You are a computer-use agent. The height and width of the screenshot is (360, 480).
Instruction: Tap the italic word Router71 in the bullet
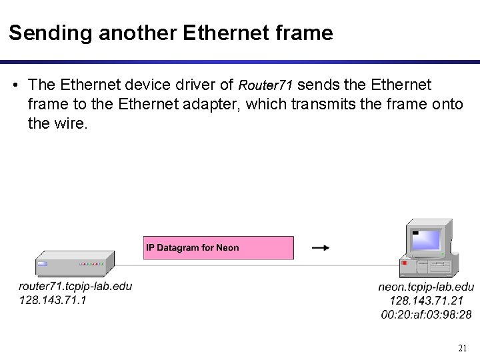[x=265, y=85]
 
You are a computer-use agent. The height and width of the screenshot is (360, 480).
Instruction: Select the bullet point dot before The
[x=15, y=85]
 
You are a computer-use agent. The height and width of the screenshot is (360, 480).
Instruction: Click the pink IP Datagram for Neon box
[x=219, y=248]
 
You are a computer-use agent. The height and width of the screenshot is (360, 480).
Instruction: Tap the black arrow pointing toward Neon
[x=321, y=248]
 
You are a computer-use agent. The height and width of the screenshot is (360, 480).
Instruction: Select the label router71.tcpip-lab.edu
[x=75, y=286]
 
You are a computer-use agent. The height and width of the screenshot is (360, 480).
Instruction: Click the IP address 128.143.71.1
[x=53, y=299]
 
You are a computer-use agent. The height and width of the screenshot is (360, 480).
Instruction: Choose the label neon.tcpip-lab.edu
[x=426, y=287]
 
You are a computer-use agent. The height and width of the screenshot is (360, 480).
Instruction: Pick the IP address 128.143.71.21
[x=426, y=301]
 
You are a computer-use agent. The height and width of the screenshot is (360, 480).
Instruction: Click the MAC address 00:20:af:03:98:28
[x=426, y=314]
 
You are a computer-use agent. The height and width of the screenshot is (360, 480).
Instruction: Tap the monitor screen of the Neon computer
[x=426, y=239]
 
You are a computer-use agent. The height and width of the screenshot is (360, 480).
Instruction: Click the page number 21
[x=463, y=348]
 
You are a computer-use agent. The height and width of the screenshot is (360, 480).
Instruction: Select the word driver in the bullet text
[x=199, y=85]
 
